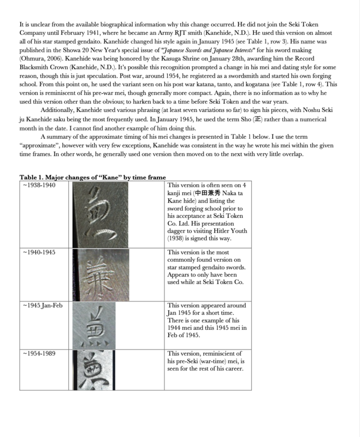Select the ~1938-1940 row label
(39, 185)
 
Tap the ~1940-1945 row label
(39, 252)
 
